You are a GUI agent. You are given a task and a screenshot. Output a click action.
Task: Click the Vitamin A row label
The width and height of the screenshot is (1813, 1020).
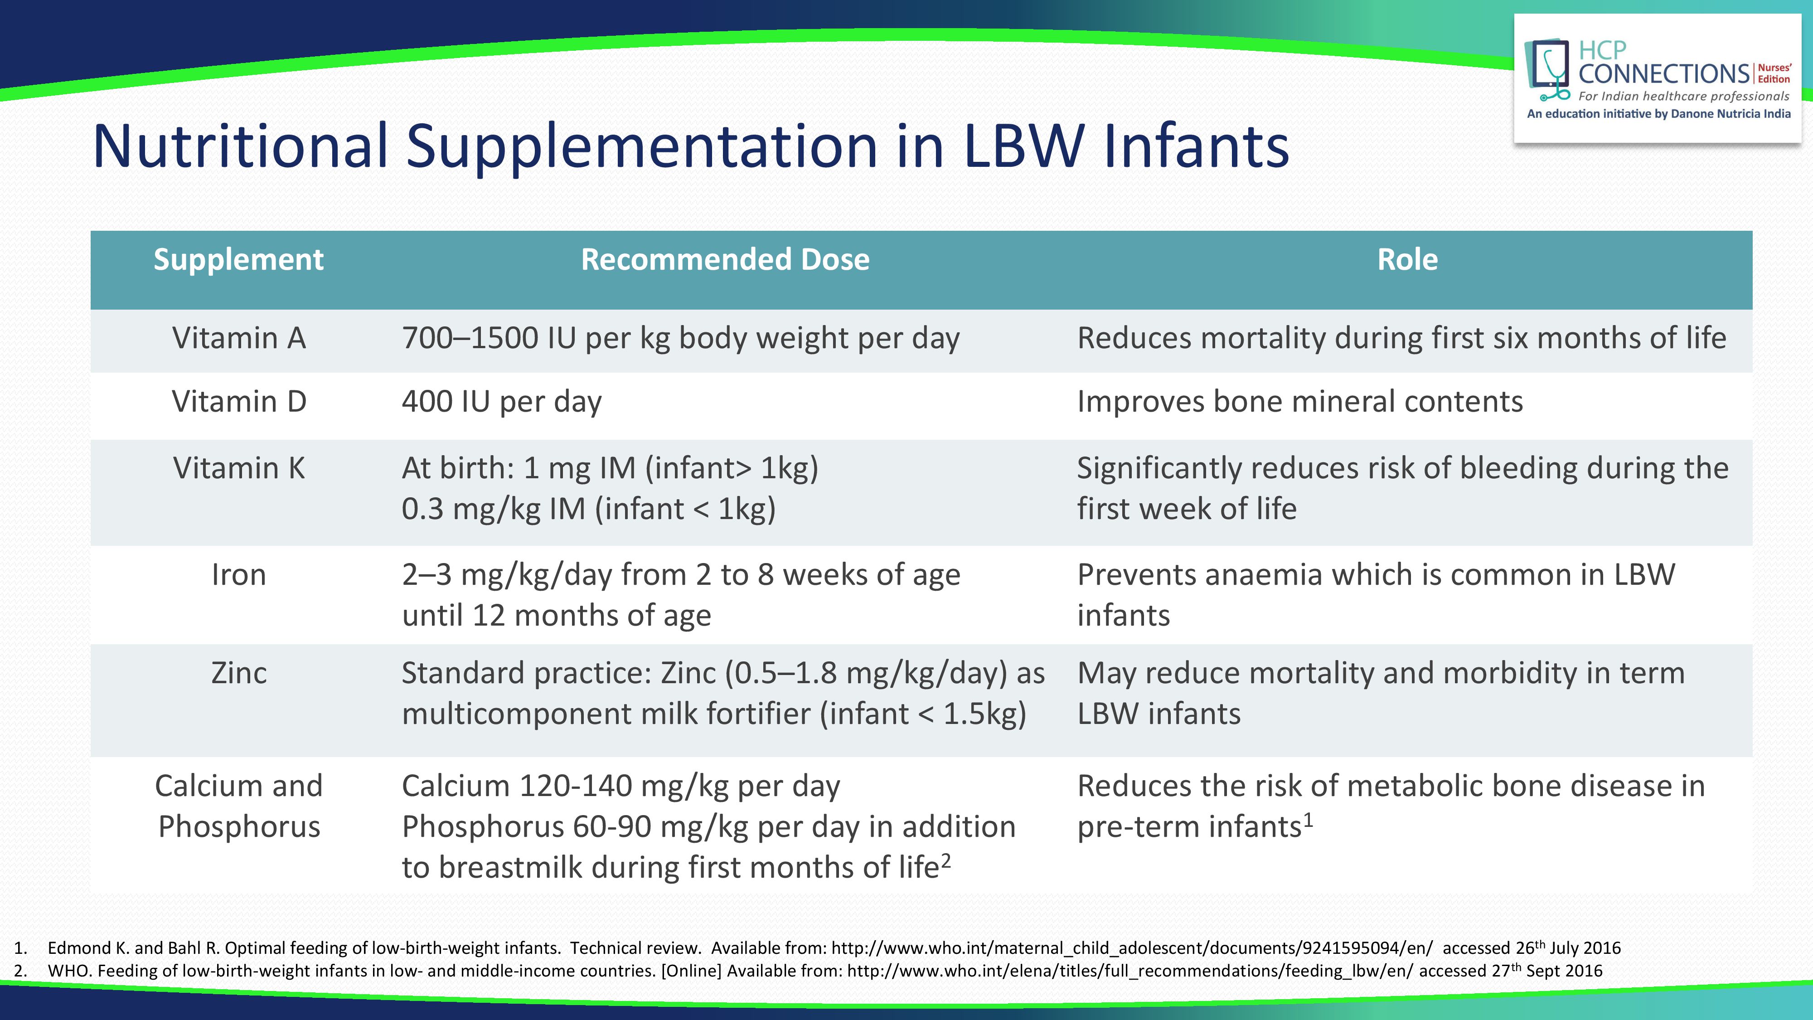tap(238, 338)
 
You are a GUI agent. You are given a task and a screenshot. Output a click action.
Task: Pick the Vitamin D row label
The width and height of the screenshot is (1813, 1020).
tap(238, 401)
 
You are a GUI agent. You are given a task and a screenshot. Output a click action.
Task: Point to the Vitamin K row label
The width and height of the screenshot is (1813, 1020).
tap(238, 468)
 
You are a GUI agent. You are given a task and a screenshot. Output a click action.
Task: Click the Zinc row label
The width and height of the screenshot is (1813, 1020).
tap(238, 673)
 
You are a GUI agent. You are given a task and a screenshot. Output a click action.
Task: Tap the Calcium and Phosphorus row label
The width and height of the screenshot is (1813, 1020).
tap(238, 806)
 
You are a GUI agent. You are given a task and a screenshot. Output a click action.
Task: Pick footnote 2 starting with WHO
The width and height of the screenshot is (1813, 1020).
tap(808, 971)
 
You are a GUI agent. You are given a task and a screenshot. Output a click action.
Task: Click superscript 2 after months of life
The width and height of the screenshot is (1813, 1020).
tap(946, 861)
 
